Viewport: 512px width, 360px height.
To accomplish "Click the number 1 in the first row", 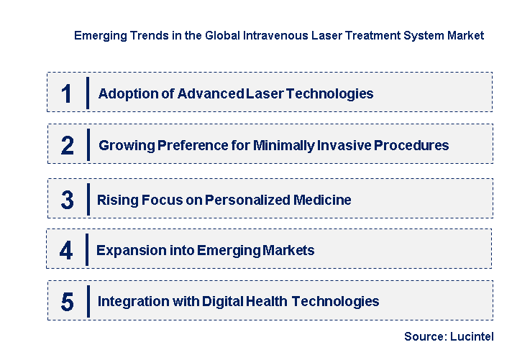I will (66, 93).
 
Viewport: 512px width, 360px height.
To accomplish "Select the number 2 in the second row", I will (67, 146).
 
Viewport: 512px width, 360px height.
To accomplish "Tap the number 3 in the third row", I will (67, 200).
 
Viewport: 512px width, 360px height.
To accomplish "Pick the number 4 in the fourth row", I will (66, 251).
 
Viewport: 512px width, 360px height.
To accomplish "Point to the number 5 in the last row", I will (67, 302).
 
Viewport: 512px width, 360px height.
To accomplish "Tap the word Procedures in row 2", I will (413, 145).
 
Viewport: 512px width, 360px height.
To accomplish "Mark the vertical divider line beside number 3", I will (88, 199).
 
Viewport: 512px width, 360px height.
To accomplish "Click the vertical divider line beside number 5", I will (88, 301).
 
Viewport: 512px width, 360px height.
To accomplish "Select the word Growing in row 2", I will (126, 145).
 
